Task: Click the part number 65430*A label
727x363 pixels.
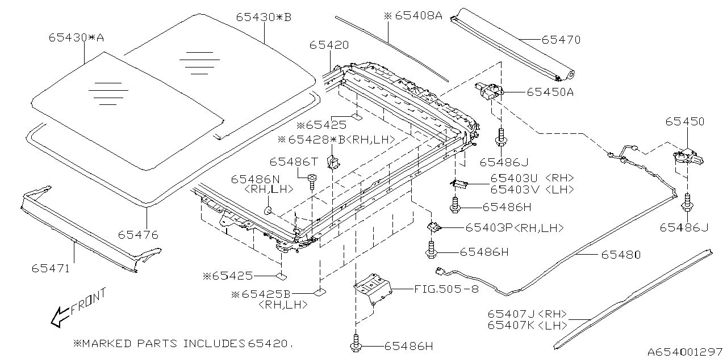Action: pyautogui.click(x=76, y=38)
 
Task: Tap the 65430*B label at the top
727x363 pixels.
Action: pyautogui.click(x=264, y=17)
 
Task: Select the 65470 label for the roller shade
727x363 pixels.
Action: pyautogui.click(x=561, y=40)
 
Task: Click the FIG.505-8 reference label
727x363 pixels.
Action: pyautogui.click(x=446, y=288)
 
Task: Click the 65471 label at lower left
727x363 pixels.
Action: pyautogui.click(x=51, y=268)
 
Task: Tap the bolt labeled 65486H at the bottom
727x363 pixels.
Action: pyautogui.click(x=357, y=345)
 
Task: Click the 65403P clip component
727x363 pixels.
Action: pyautogui.click(x=434, y=227)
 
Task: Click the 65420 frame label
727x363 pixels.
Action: pyautogui.click(x=329, y=45)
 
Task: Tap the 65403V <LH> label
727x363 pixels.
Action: pyautogui.click(x=532, y=189)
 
